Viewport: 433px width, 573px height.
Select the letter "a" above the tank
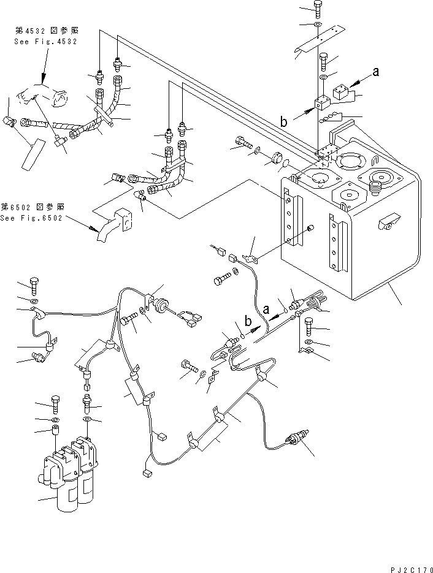[376, 71]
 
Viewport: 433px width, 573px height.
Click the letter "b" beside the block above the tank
[283, 122]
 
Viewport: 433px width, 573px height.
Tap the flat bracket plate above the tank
[317, 43]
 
